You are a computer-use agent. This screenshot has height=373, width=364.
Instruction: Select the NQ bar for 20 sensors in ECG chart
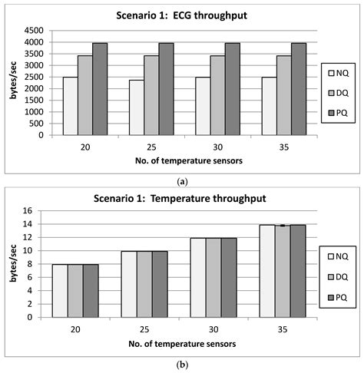pyautogui.click(x=70, y=106)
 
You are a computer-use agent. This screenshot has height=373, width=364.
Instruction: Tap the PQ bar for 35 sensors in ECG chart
pyautogui.click(x=299, y=89)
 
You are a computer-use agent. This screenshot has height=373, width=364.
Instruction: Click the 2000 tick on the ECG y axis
pyautogui.click(x=32, y=89)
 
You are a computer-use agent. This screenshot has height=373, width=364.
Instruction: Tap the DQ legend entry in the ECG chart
pyautogui.click(x=337, y=94)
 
